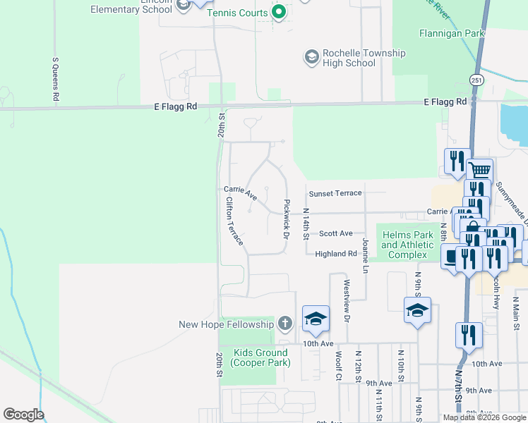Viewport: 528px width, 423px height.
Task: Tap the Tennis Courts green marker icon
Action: (279, 12)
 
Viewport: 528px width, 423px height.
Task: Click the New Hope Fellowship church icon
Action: (284, 324)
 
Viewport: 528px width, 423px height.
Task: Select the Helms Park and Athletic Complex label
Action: (409, 245)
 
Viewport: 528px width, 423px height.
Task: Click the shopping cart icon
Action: (480, 170)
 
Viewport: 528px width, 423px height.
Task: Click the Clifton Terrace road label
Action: (234, 221)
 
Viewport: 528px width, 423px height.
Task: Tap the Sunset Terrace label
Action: (335, 193)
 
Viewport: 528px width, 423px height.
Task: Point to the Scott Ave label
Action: (335, 233)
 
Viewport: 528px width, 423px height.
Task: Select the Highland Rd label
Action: (336, 254)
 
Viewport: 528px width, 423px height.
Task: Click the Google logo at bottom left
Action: (23, 415)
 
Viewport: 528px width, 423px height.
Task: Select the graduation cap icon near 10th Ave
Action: (316, 318)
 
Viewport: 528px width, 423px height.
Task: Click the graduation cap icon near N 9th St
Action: (417, 309)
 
